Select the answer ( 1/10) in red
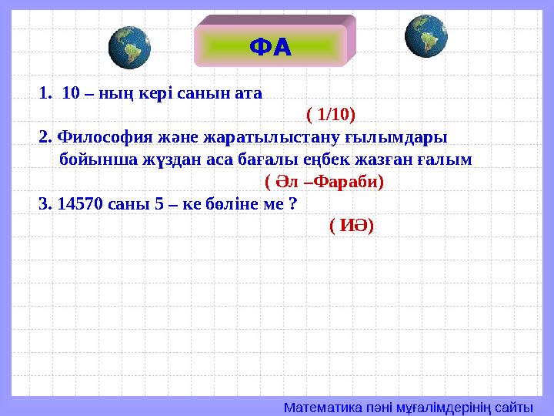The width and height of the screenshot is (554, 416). pos(331,115)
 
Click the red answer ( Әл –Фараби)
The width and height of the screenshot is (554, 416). pos(324,182)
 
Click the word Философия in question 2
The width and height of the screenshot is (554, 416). pos(95,137)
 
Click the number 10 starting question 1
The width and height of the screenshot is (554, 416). pos(71,93)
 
